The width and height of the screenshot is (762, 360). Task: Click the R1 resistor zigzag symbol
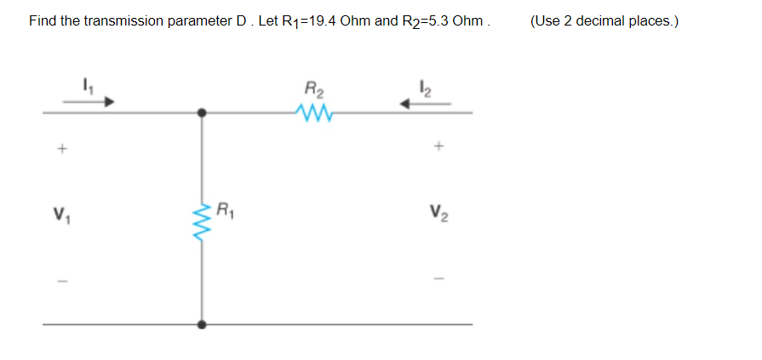pos(202,223)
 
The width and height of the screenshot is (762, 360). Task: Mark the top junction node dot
pos(202,111)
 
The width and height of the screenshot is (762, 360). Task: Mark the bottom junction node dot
pos(202,324)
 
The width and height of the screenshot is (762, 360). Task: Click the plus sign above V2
pos(438,146)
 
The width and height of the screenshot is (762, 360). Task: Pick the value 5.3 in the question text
pos(441,20)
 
